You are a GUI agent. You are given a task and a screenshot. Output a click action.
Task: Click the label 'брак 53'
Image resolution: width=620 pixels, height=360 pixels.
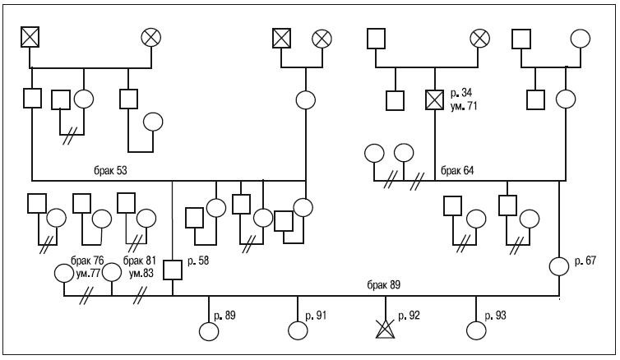coord(110,171)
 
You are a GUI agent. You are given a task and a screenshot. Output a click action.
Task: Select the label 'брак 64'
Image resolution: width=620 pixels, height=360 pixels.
coord(457,171)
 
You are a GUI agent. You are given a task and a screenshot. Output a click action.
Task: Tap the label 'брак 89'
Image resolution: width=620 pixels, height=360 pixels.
coord(383,285)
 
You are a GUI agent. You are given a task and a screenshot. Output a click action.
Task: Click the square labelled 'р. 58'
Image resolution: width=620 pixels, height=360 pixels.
coord(173,270)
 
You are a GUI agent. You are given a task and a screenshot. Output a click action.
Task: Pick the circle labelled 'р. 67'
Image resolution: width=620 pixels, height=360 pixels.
coord(559,266)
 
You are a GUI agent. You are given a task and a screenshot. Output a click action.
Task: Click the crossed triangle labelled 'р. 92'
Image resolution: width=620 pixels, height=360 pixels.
coord(385,329)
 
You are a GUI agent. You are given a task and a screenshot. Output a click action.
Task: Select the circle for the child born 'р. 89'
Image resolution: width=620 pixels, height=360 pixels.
coord(209,331)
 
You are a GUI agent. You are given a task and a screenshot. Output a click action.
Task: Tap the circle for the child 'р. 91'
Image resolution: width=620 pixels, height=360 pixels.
coord(298,330)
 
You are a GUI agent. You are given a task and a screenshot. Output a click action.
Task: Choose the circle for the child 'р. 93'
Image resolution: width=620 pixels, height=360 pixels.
coord(476,330)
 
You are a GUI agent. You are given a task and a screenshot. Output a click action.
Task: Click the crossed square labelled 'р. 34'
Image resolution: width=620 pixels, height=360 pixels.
coord(434,99)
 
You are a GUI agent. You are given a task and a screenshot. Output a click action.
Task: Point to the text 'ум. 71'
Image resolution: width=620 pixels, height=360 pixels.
coord(464,106)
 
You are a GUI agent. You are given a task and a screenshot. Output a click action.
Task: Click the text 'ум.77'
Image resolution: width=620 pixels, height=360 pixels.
coord(88,273)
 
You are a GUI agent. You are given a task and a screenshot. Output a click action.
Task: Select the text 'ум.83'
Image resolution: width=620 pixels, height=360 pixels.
coord(141,273)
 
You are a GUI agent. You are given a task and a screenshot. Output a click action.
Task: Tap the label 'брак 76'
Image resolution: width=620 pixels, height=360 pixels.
coord(87,261)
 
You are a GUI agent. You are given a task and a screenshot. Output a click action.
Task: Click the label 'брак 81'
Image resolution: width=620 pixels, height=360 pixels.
coord(140,261)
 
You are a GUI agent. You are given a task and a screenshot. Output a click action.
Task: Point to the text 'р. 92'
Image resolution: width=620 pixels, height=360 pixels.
coord(409,316)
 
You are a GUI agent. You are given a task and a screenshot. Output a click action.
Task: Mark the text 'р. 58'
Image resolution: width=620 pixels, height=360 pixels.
coord(198,261)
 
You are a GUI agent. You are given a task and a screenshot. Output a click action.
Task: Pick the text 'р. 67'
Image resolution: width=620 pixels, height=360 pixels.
coord(585,261)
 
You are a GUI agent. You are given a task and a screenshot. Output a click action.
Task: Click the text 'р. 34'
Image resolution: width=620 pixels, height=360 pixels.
coord(461,93)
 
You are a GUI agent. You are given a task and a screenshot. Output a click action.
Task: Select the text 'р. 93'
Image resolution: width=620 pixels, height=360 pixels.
coord(496,316)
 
